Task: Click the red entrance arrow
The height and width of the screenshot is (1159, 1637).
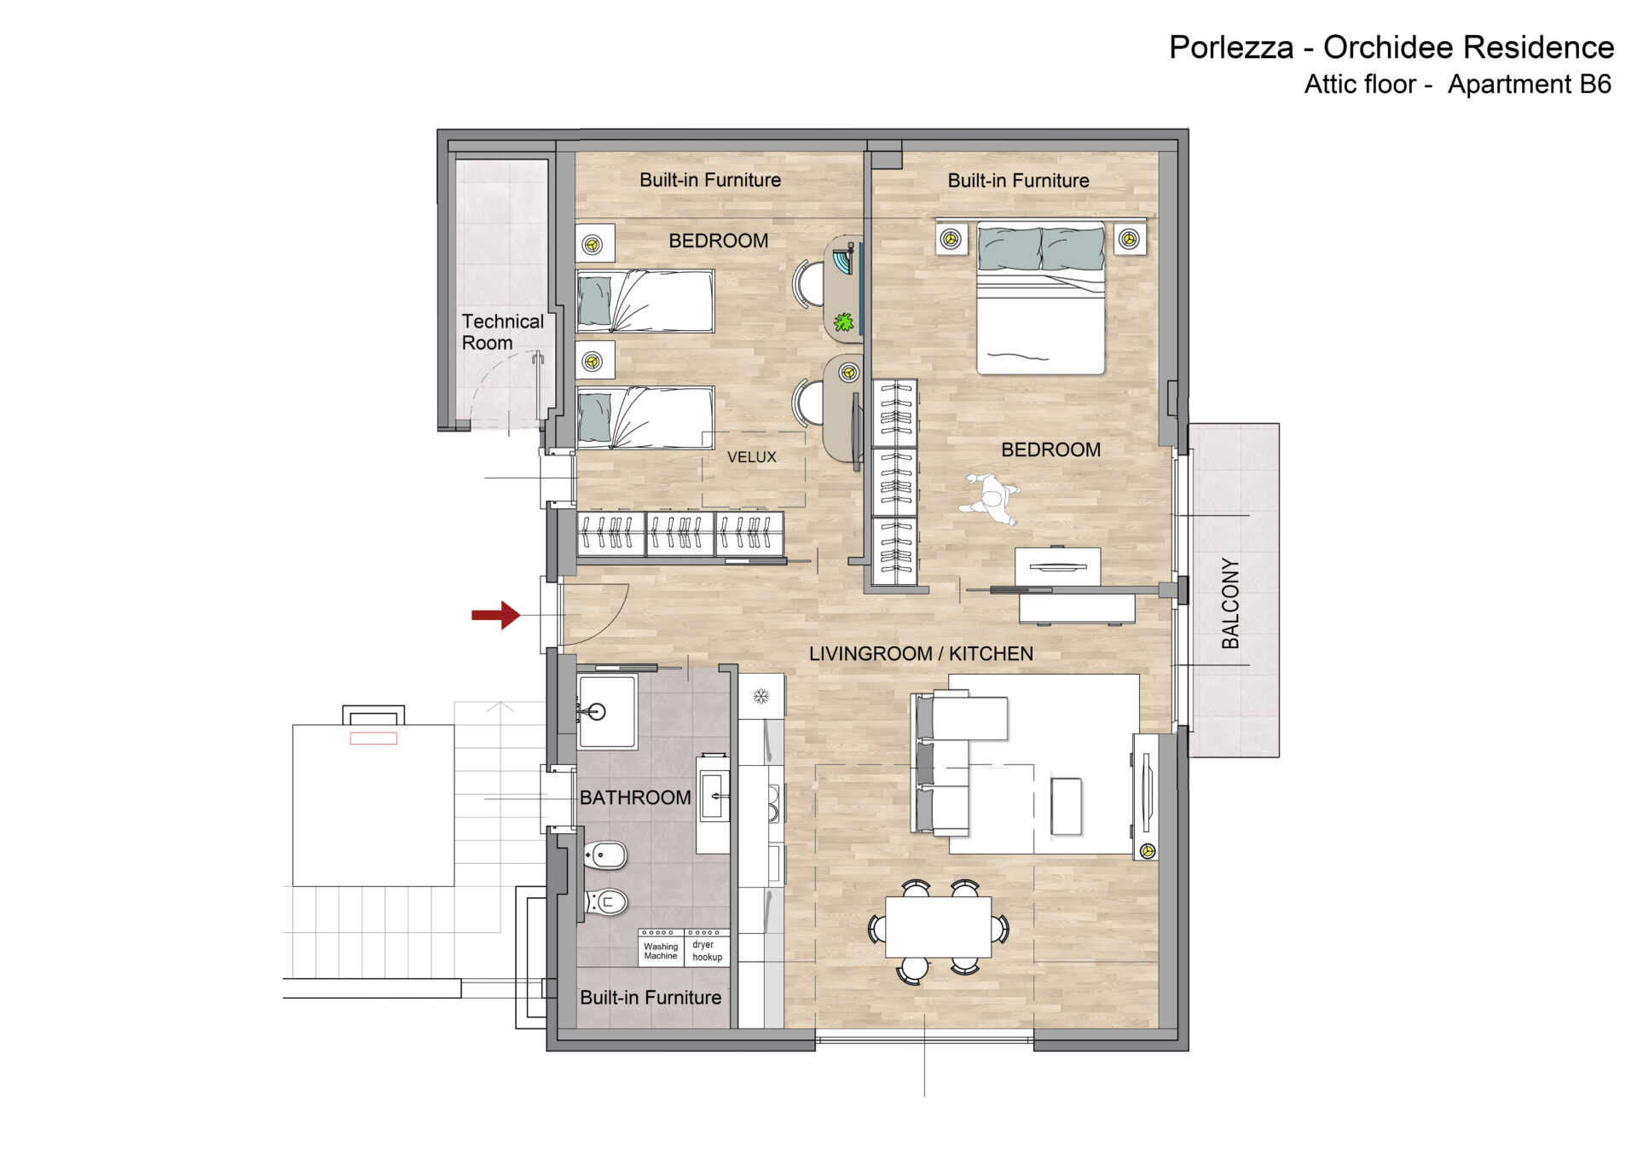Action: [x=496, y=614]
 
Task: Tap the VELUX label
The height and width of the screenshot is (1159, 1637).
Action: [x=752, y=457]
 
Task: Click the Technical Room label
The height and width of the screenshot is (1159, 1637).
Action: [x=502, y=332]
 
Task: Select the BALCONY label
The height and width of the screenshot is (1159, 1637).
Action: [x=1230, y=603]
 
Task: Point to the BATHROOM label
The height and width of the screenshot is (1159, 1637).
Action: [x=635, y=797]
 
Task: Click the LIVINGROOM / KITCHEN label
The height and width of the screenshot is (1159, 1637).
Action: [x=921, y=653]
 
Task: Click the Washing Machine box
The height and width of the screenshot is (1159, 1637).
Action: [x=661, y=947]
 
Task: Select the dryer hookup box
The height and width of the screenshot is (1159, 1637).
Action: [x=708, y=947]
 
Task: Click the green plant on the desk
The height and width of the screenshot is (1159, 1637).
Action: [x=843, y=322]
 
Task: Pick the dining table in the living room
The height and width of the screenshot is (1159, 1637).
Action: [x=938, y=927]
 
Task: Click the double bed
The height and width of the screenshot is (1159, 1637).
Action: [x=1040, y=297]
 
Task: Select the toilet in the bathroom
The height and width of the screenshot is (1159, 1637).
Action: [x=606, y=901]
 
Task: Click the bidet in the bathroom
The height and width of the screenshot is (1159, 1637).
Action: [x=605, y=855]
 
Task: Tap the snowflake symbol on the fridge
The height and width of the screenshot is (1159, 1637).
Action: [x=761, y=697]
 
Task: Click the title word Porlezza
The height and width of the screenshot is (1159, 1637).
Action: [x=1230, y=48]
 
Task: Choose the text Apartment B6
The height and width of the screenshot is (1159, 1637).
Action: [x=1530, y=84]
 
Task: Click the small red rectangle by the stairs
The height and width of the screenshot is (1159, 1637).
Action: [x=373, y=739]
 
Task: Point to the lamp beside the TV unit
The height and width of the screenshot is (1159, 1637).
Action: [x=1148, y=850]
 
